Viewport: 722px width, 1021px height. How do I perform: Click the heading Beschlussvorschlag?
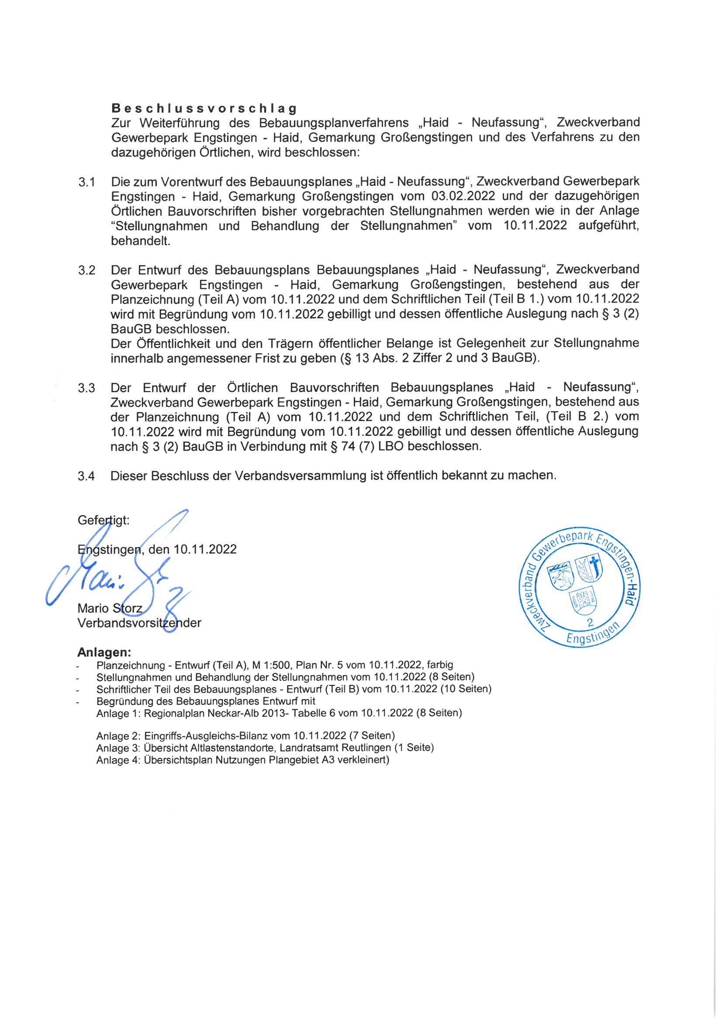(204, 108)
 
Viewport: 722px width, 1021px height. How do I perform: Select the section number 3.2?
(87, 270)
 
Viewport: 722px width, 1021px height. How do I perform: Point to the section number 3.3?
(86, 388)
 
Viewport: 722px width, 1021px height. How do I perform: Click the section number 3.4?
(86, 476)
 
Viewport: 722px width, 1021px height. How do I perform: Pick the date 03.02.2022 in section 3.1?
(463, 196)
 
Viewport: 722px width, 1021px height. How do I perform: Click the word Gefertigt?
(103, 520)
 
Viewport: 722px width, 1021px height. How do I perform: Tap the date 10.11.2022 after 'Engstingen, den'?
(205, 549)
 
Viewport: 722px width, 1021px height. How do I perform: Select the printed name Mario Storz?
(110, 608)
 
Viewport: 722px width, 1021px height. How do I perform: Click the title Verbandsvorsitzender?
(139, 623)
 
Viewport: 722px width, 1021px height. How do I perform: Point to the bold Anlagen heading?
(104, 652)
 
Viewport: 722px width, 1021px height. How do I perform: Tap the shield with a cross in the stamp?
(589, 569)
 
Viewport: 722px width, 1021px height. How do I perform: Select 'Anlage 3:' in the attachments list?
(118, 748)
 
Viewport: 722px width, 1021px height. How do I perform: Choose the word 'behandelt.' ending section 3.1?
(141, 241)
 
